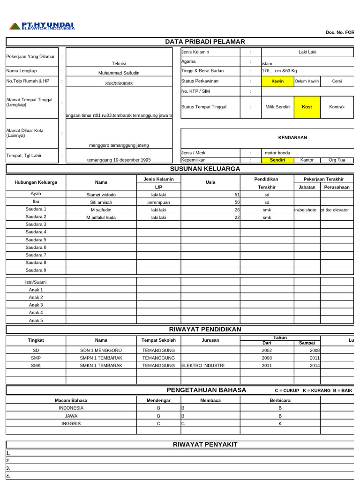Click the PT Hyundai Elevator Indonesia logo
(42, 26)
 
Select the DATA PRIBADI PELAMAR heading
(205, 42)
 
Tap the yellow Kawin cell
(277, 81)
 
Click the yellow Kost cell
(307, 107)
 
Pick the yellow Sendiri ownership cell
(277, 160)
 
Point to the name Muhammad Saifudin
(119, 73)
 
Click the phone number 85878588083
(119, 83)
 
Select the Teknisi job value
(119, 63)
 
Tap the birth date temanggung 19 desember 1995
(119, 160)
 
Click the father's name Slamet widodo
(101, 195)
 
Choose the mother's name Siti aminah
(101, 202)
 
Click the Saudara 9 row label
(36, 270)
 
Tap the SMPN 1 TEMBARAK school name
(101, 358)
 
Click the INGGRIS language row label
(71, 423)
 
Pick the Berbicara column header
(280, 400)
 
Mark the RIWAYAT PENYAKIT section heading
(205, 444)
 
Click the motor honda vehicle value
(277, 153)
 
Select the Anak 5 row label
(36, 321)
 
